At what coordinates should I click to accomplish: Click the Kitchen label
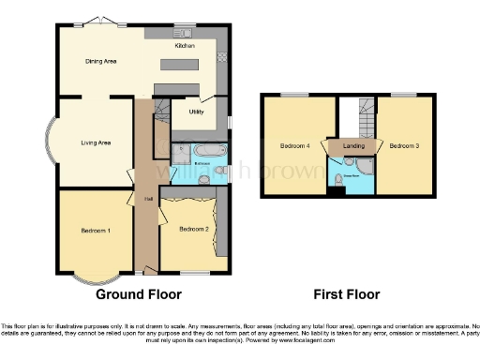coord(184,44)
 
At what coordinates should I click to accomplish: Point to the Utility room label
coord(197,112)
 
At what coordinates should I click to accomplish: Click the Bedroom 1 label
coord(96,230)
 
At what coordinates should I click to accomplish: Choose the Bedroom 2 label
coord(192,229)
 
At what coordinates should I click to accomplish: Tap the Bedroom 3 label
coord(404,146)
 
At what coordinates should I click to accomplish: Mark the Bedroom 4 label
coord(293,146)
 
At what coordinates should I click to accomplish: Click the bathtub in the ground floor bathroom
coord(207,150)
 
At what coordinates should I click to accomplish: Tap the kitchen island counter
coord(186,66)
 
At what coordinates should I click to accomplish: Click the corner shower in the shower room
coord(366,166)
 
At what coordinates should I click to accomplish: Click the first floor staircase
coord(356,117)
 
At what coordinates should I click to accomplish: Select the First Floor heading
coord(348,294)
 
